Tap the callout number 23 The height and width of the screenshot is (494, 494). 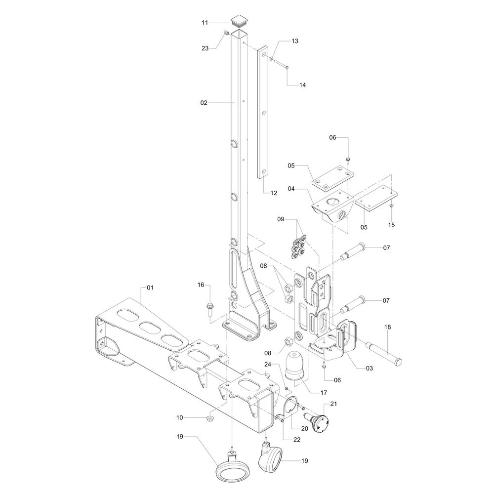[205, 48]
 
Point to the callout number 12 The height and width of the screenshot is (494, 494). [274, 193]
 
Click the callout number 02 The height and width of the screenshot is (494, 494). [204, 103]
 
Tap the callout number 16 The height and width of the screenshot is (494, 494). [201, 285]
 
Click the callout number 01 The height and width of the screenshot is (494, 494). [150, 288]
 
